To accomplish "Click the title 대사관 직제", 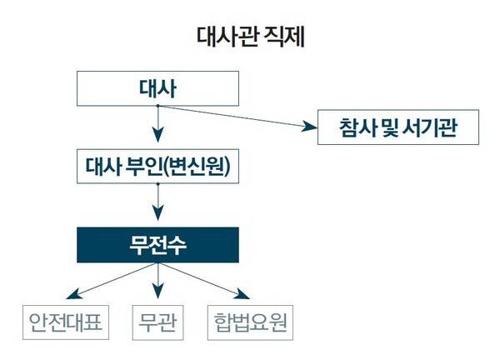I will pyautogui.click(x=249, y=36).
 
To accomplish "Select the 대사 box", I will pyautogui.click(x=157, y=87).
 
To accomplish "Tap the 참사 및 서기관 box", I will pyautogui.click(x=397, y=128).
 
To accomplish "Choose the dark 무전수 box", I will pyautogui.click(x=157, y=245).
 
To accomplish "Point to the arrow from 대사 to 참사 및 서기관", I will pyautogui.click(x=242, y=117).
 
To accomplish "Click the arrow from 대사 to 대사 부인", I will pyautogui.click(x=157, y=125).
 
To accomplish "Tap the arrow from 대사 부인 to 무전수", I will pyautogui.click(x=157, y=203).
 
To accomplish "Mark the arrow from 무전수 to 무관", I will pyautogui.click(x=157, y=283).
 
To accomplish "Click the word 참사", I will pyautogui.click(x=352, y=128).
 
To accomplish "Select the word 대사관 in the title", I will pyautogui.click(x=226, y=36).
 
